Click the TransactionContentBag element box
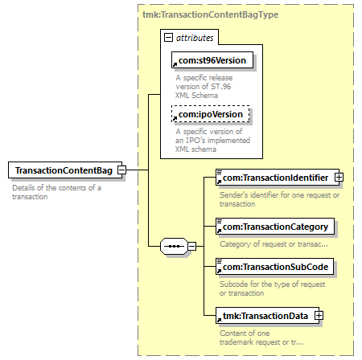65,170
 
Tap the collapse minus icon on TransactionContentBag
122,170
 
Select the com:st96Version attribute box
212,60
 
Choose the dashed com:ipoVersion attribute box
211,114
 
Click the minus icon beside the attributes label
168,37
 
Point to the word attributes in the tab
195,38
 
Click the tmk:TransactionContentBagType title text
210,14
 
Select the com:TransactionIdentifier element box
278,177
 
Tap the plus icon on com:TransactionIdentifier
339,177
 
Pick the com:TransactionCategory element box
275,227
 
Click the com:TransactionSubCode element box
275,267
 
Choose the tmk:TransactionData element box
267,316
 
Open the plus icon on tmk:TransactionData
319,316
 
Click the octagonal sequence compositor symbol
174,246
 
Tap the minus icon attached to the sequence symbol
191,246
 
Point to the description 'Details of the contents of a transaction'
56,192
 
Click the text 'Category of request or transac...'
274,244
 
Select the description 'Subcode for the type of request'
273,284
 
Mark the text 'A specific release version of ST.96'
204,82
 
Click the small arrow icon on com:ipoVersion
175,118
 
